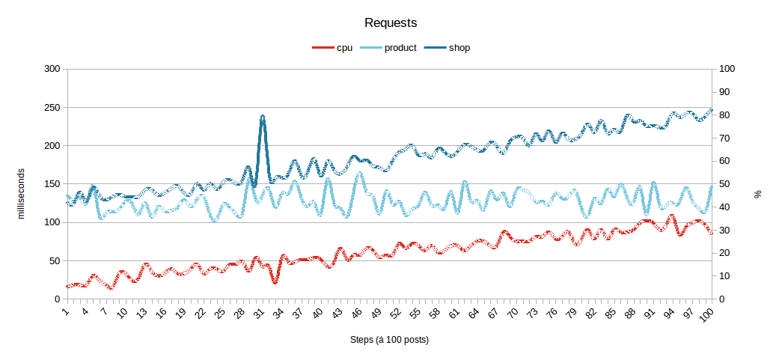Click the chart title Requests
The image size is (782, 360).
391,23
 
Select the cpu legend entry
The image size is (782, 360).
332,48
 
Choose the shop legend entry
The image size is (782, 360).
447,48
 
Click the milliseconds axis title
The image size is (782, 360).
21,193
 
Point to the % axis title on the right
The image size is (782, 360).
759,194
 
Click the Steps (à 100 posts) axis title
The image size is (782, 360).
390,340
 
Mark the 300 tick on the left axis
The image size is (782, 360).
53,70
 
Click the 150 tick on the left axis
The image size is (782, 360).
53,184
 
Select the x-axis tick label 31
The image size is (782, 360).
259,314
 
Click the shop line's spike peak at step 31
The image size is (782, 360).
263,116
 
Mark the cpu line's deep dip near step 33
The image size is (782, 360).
275,282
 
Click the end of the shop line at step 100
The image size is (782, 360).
712,110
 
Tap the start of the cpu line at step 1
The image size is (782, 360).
67,287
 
